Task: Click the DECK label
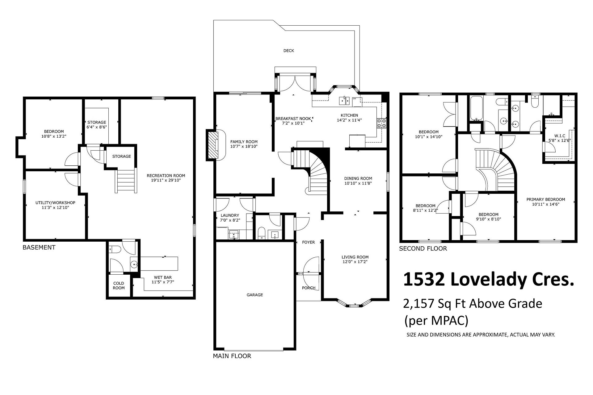[x=289, y=51]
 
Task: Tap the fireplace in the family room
[x=212, y=145]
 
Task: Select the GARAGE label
[x=255, y=295]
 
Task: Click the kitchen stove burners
[x=381, y=123]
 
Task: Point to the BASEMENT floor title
[x=39, y=247]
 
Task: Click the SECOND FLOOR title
[x=423, y=248]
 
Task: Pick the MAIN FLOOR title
[x=232, y=356]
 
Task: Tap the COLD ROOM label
[x=119, y=285]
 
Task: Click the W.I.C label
[x=559, y=136]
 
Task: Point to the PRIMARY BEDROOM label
[x=546, y=199]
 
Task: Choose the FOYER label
[x=308, y=242]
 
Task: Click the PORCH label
[x=309, y=288]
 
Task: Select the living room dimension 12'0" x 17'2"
[x=355, y=262]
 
